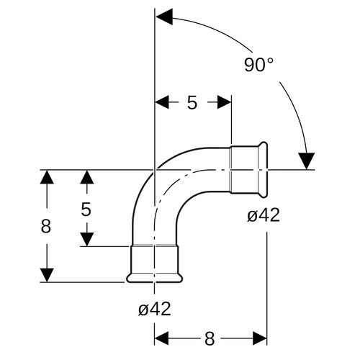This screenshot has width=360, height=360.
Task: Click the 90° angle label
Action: [258, 65]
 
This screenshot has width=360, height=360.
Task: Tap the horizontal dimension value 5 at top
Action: [192, 102]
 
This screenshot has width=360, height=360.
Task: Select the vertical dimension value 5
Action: [86, 209]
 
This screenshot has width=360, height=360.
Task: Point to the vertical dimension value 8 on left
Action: [46, 226]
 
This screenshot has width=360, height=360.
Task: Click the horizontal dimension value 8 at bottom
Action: [210, 338]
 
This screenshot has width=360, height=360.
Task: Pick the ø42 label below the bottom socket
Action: [155, 309]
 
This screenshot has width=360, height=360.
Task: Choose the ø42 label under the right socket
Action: [264, 215]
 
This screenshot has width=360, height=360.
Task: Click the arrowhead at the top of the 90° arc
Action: [164, 17]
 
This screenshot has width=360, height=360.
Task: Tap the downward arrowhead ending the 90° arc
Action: [307, 161]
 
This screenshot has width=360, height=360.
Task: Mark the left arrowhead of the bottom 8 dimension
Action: [161, 338]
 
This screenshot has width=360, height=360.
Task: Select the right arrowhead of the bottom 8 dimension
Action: [260, 338]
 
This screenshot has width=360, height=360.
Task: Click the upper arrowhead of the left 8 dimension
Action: [47, 176]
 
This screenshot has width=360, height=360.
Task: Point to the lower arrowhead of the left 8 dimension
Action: [47, 275]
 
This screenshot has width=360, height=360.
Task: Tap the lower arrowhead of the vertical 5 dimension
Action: [86, 240]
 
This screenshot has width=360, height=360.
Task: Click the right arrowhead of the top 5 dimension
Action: [225, 102]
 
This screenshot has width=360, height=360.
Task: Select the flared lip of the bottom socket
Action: [155, 278]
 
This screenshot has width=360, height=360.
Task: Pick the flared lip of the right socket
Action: [263, 170]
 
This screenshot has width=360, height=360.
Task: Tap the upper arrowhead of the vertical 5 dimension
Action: [86, 177]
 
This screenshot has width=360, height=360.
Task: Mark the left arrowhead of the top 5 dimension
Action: [162, 102]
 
